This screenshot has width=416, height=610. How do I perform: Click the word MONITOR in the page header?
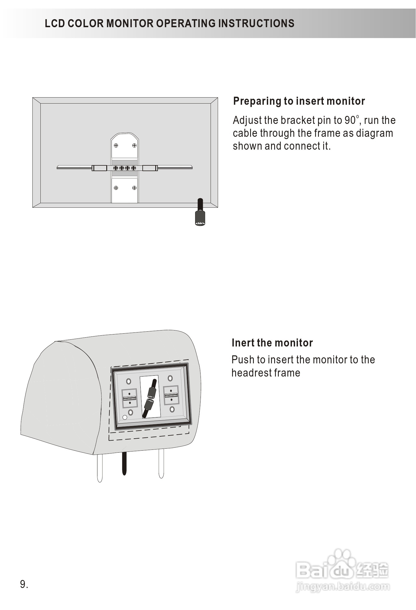130,23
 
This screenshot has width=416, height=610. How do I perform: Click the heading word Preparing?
257,101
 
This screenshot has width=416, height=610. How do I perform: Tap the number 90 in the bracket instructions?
350,120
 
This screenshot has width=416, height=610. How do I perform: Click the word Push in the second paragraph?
243,360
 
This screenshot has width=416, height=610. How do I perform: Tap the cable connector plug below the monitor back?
200,219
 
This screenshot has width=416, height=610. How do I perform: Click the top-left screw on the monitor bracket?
116,145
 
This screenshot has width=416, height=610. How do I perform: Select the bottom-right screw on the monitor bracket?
134,188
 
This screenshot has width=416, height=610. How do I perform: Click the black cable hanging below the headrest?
124,464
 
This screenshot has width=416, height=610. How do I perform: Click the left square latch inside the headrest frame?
129,398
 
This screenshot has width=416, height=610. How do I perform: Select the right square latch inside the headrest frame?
171,395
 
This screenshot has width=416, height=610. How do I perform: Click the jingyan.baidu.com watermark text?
342,587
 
